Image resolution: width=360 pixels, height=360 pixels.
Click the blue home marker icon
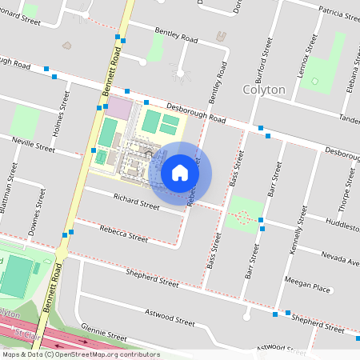click(x=180, y=173)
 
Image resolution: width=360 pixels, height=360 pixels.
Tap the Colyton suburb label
click(x=263, y=90)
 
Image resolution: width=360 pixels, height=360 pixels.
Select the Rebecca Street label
click(x=124, y=233)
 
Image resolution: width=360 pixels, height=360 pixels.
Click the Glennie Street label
click(x=103, y=334)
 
